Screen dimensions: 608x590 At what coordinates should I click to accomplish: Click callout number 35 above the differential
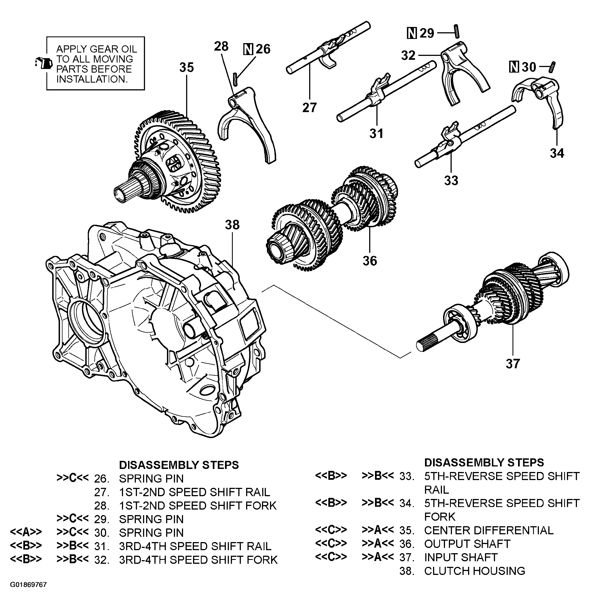(x=187, y=68)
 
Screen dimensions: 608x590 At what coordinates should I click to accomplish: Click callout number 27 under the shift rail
(x=309, y=108)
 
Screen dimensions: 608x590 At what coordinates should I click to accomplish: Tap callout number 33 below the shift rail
(x=451, y=180)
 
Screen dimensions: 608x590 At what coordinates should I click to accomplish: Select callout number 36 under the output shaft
(x=370, y=261)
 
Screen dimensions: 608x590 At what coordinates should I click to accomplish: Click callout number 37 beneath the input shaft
(x=512, y=364)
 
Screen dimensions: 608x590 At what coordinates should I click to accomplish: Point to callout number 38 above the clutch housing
(x=232, y=225)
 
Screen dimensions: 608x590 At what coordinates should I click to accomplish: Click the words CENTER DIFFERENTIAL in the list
(x=489, y=530)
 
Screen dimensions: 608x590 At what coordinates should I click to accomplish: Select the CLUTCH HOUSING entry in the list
(x=474, y=571)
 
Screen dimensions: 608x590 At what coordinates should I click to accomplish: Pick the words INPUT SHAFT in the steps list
(x=461, y=557)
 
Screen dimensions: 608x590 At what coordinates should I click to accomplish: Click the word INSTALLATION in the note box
(x=92, y=80)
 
